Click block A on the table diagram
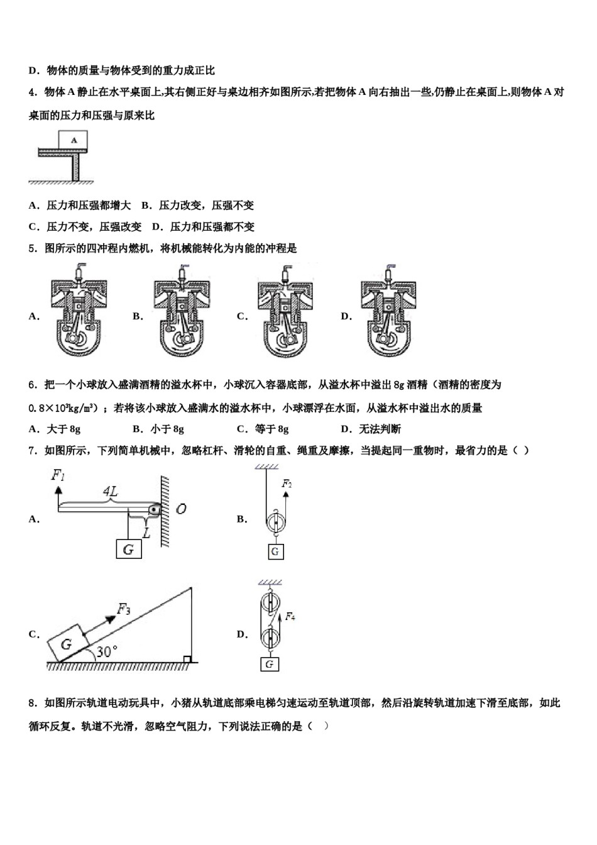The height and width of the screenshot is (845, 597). coord(74,140)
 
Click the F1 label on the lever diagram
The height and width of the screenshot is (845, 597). coord(58,476)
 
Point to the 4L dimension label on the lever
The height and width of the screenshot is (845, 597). coord(111,492)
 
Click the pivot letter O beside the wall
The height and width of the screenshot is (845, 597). coord(181,509)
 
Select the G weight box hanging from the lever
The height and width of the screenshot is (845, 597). coord(129,550)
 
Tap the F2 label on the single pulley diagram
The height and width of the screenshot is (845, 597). coord(287,484)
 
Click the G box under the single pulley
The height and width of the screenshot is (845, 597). coord(275,552)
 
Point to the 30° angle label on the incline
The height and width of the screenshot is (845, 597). coord(107,652)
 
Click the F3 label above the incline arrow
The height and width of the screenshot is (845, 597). coord(124,609)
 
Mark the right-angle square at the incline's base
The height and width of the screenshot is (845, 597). coord(187,659)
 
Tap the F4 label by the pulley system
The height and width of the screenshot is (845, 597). coord(290,617)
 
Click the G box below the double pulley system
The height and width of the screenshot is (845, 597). coord(270,665)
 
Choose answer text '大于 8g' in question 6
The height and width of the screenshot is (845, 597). coord(63,429)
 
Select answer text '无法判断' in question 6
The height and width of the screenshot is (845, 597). coord(380,429)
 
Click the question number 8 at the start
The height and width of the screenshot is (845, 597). coord(32,703)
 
